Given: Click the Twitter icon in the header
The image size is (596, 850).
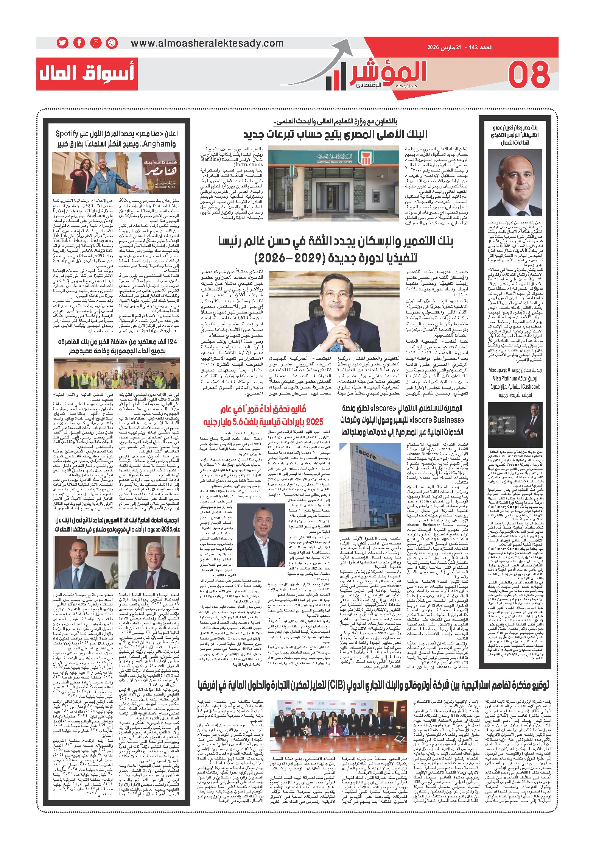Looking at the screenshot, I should (62, 43).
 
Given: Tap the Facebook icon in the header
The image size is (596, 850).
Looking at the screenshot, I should (79, 43).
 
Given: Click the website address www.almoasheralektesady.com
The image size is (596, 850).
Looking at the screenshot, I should (207, 43).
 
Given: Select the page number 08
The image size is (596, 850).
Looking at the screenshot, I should (529, 75).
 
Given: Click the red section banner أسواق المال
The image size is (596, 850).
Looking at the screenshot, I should (87, 73).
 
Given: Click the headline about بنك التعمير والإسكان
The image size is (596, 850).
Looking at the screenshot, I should (336, 249).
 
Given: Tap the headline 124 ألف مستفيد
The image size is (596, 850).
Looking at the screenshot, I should (118, 346).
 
